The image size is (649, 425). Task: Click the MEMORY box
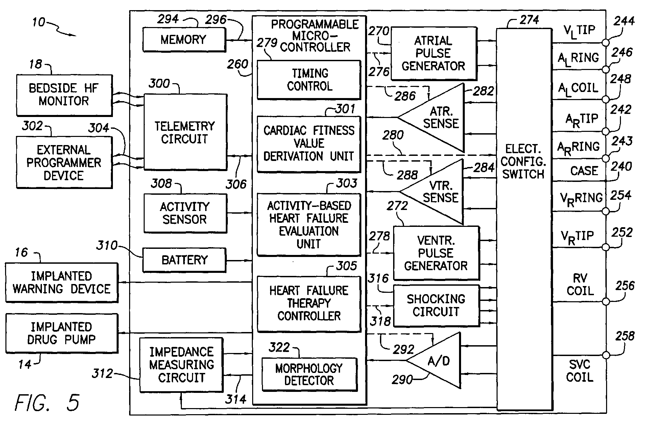tap(184, 40)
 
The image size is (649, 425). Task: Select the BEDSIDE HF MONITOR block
tap(64, 95)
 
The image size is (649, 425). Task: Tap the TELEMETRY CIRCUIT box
tap(185, 132)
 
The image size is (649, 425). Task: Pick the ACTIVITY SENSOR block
tap(185, 213)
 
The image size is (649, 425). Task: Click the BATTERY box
tap(184, 260)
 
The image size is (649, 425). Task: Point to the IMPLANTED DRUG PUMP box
tap(62, 333)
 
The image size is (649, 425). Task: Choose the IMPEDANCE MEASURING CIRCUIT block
tap(182, 365)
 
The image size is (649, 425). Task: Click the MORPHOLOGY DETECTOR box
tap(309, 374)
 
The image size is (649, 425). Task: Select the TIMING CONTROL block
tap(309, 80)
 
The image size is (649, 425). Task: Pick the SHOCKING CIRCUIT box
tap(436, 306)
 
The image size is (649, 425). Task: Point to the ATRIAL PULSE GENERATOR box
tap(434, 53)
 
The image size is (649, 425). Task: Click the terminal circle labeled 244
tap(606, 43)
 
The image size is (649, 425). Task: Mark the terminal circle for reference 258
tap(606, 355)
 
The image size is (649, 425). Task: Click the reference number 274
tap(529, 20)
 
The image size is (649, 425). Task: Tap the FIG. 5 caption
tap(47, 402)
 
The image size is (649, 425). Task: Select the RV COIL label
tap(580, 284)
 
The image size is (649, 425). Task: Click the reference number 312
tap(102, 374)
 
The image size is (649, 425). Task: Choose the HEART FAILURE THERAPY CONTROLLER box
tap(309, 303)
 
